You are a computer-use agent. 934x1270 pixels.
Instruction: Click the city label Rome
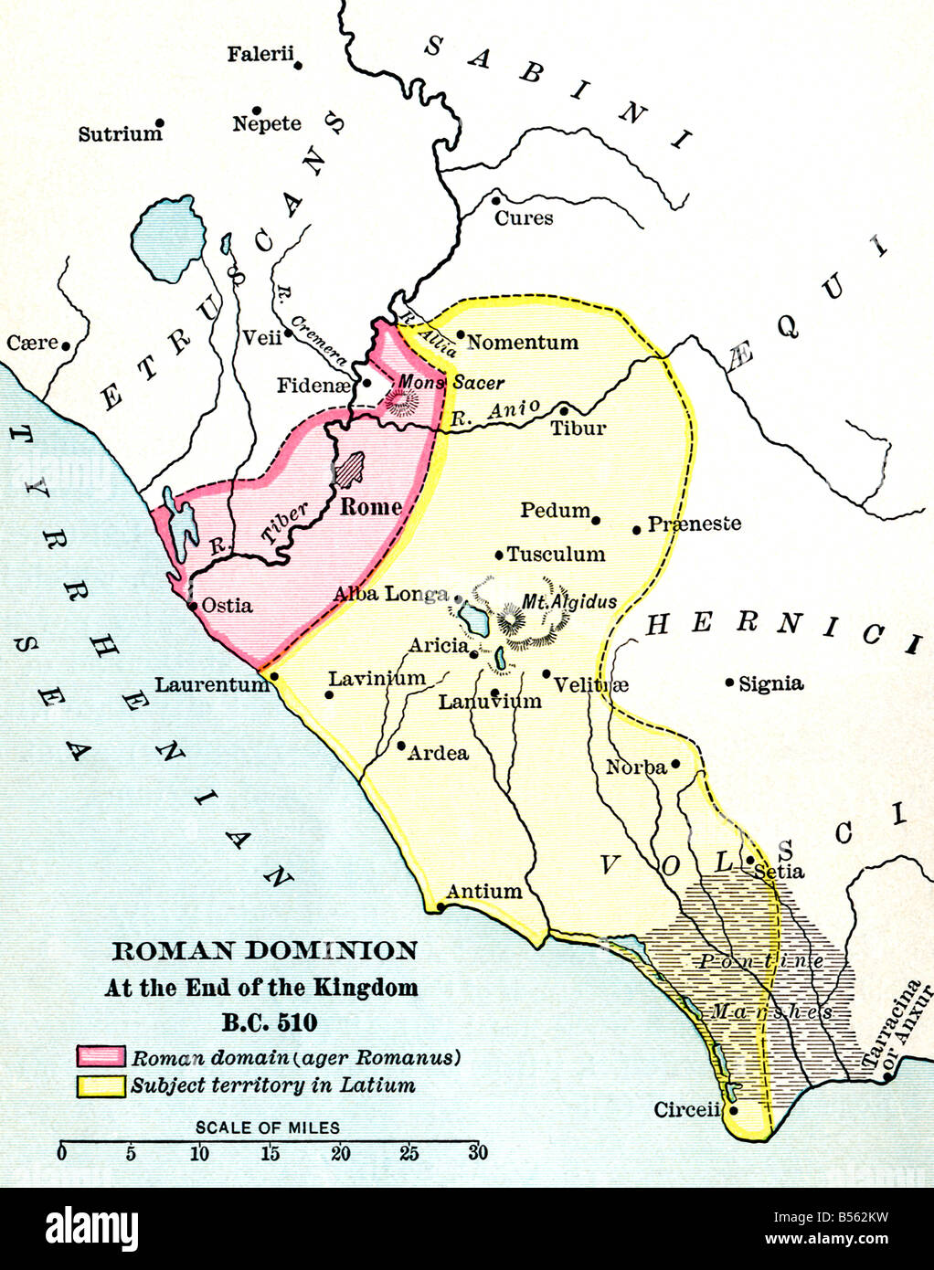[x=370, y=507]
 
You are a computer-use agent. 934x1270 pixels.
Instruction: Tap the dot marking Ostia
[x=192, y=605]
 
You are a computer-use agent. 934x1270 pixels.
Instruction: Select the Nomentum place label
[x=523, y=343]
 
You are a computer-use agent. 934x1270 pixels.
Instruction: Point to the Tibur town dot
[x=564, y=410]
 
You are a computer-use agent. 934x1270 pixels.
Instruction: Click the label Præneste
[x=694, y=524]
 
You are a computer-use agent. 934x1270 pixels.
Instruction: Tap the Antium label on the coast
[x=483, y=891]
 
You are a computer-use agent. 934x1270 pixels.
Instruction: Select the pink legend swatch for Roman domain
[x=100, y=1057]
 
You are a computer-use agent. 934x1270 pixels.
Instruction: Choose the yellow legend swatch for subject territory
[x=100, y=1085]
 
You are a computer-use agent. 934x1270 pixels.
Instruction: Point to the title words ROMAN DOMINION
[x=263, y=951]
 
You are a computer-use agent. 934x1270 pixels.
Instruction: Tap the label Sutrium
[x=120, y=134]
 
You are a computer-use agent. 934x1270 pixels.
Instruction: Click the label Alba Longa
[x=390, y=594]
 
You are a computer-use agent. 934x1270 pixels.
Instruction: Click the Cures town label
[x=524, y=218]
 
